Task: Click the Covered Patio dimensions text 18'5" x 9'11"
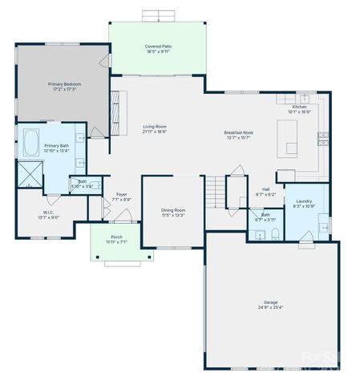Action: pyautogui.click(x=157, y=52)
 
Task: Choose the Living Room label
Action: pyautogui.click(x=155, y=126)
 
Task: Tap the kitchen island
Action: pyautogui.click(x=292, y=147)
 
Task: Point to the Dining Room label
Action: pyautogui.click(x=173, y=210)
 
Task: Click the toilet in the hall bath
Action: pyautogui.click(x=275, y=233)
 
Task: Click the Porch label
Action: pyautogui.click(x=116, y=237)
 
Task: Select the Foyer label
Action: pyautogui.click(x=122, y=194)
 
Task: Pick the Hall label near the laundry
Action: pyautogui.click(x=265, y=189)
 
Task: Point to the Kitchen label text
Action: pyautogui.click(x=299, y=107)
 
